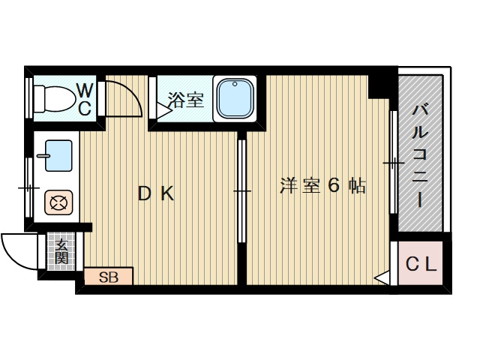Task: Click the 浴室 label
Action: [185, 100]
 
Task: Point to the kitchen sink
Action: [57, 155]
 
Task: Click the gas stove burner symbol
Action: [57, 202]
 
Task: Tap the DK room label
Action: [155, 193]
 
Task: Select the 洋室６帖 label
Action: [322, 186]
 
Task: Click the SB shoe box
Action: [109, 277]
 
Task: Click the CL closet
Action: [421, 264]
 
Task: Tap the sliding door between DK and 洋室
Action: [242, 191]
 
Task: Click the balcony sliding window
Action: [392, 163]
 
